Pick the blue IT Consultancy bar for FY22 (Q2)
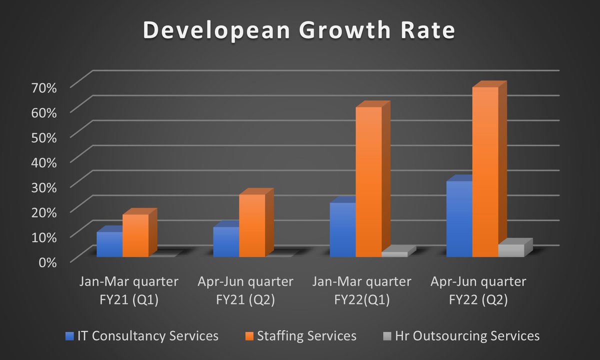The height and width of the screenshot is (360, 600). click(x=459, y=220)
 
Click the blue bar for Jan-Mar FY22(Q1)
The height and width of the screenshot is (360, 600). click(x=342, y=230)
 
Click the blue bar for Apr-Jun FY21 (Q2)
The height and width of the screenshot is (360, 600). click(x=226, y=242)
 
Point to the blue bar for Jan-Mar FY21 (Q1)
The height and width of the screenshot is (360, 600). click(x=109, y=245)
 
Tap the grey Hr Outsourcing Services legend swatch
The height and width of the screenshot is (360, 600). click(x=386, y=335)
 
